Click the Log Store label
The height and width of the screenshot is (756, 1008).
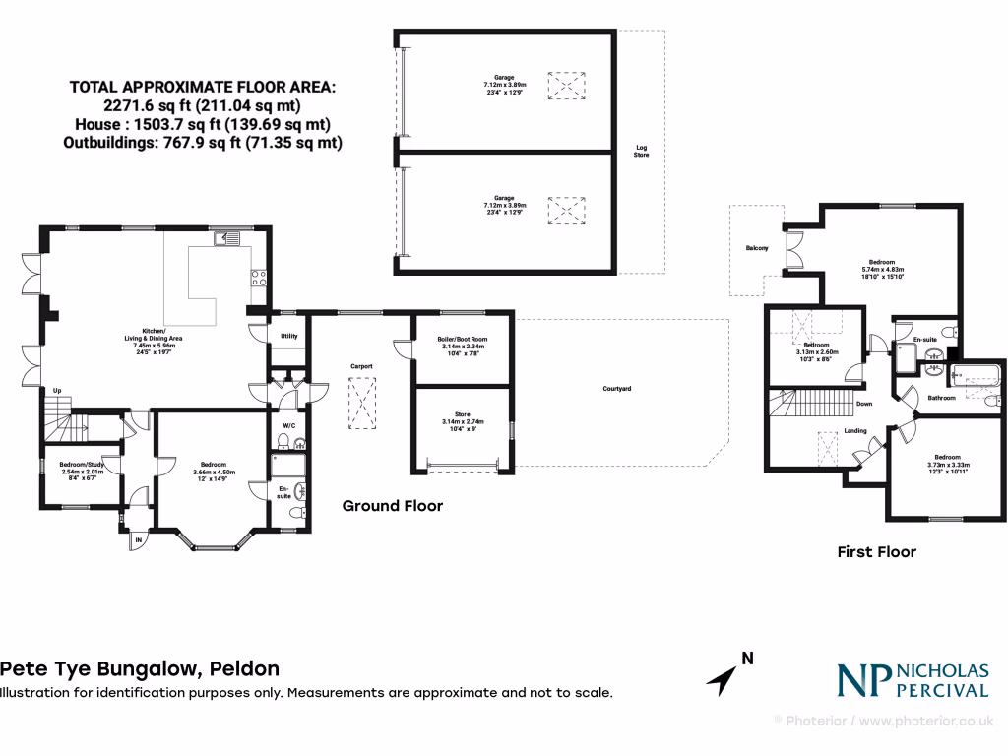[x=641, y=152]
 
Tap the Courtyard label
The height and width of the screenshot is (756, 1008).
[x=617, y=389]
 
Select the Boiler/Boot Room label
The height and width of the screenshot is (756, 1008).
[x=463, y=343]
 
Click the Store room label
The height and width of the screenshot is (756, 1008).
[x=463, y=418]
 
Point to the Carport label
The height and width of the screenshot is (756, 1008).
[x=362, y=366]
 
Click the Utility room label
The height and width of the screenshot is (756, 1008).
[x=289, y=336]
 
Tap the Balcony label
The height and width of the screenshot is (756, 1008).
[x=756, y=248]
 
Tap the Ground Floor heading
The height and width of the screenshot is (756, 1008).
[x=392, y=506]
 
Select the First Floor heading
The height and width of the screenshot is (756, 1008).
[x=876, y=552]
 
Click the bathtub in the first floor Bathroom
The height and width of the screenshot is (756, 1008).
[x=975, y=375]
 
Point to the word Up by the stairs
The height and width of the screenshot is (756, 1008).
[x=56, y=390]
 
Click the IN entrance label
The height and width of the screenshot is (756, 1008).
[x=139, y=539]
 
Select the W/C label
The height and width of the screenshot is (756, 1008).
[x=289, y=426]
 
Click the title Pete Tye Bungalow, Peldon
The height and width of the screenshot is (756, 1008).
[x=139, y=669]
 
